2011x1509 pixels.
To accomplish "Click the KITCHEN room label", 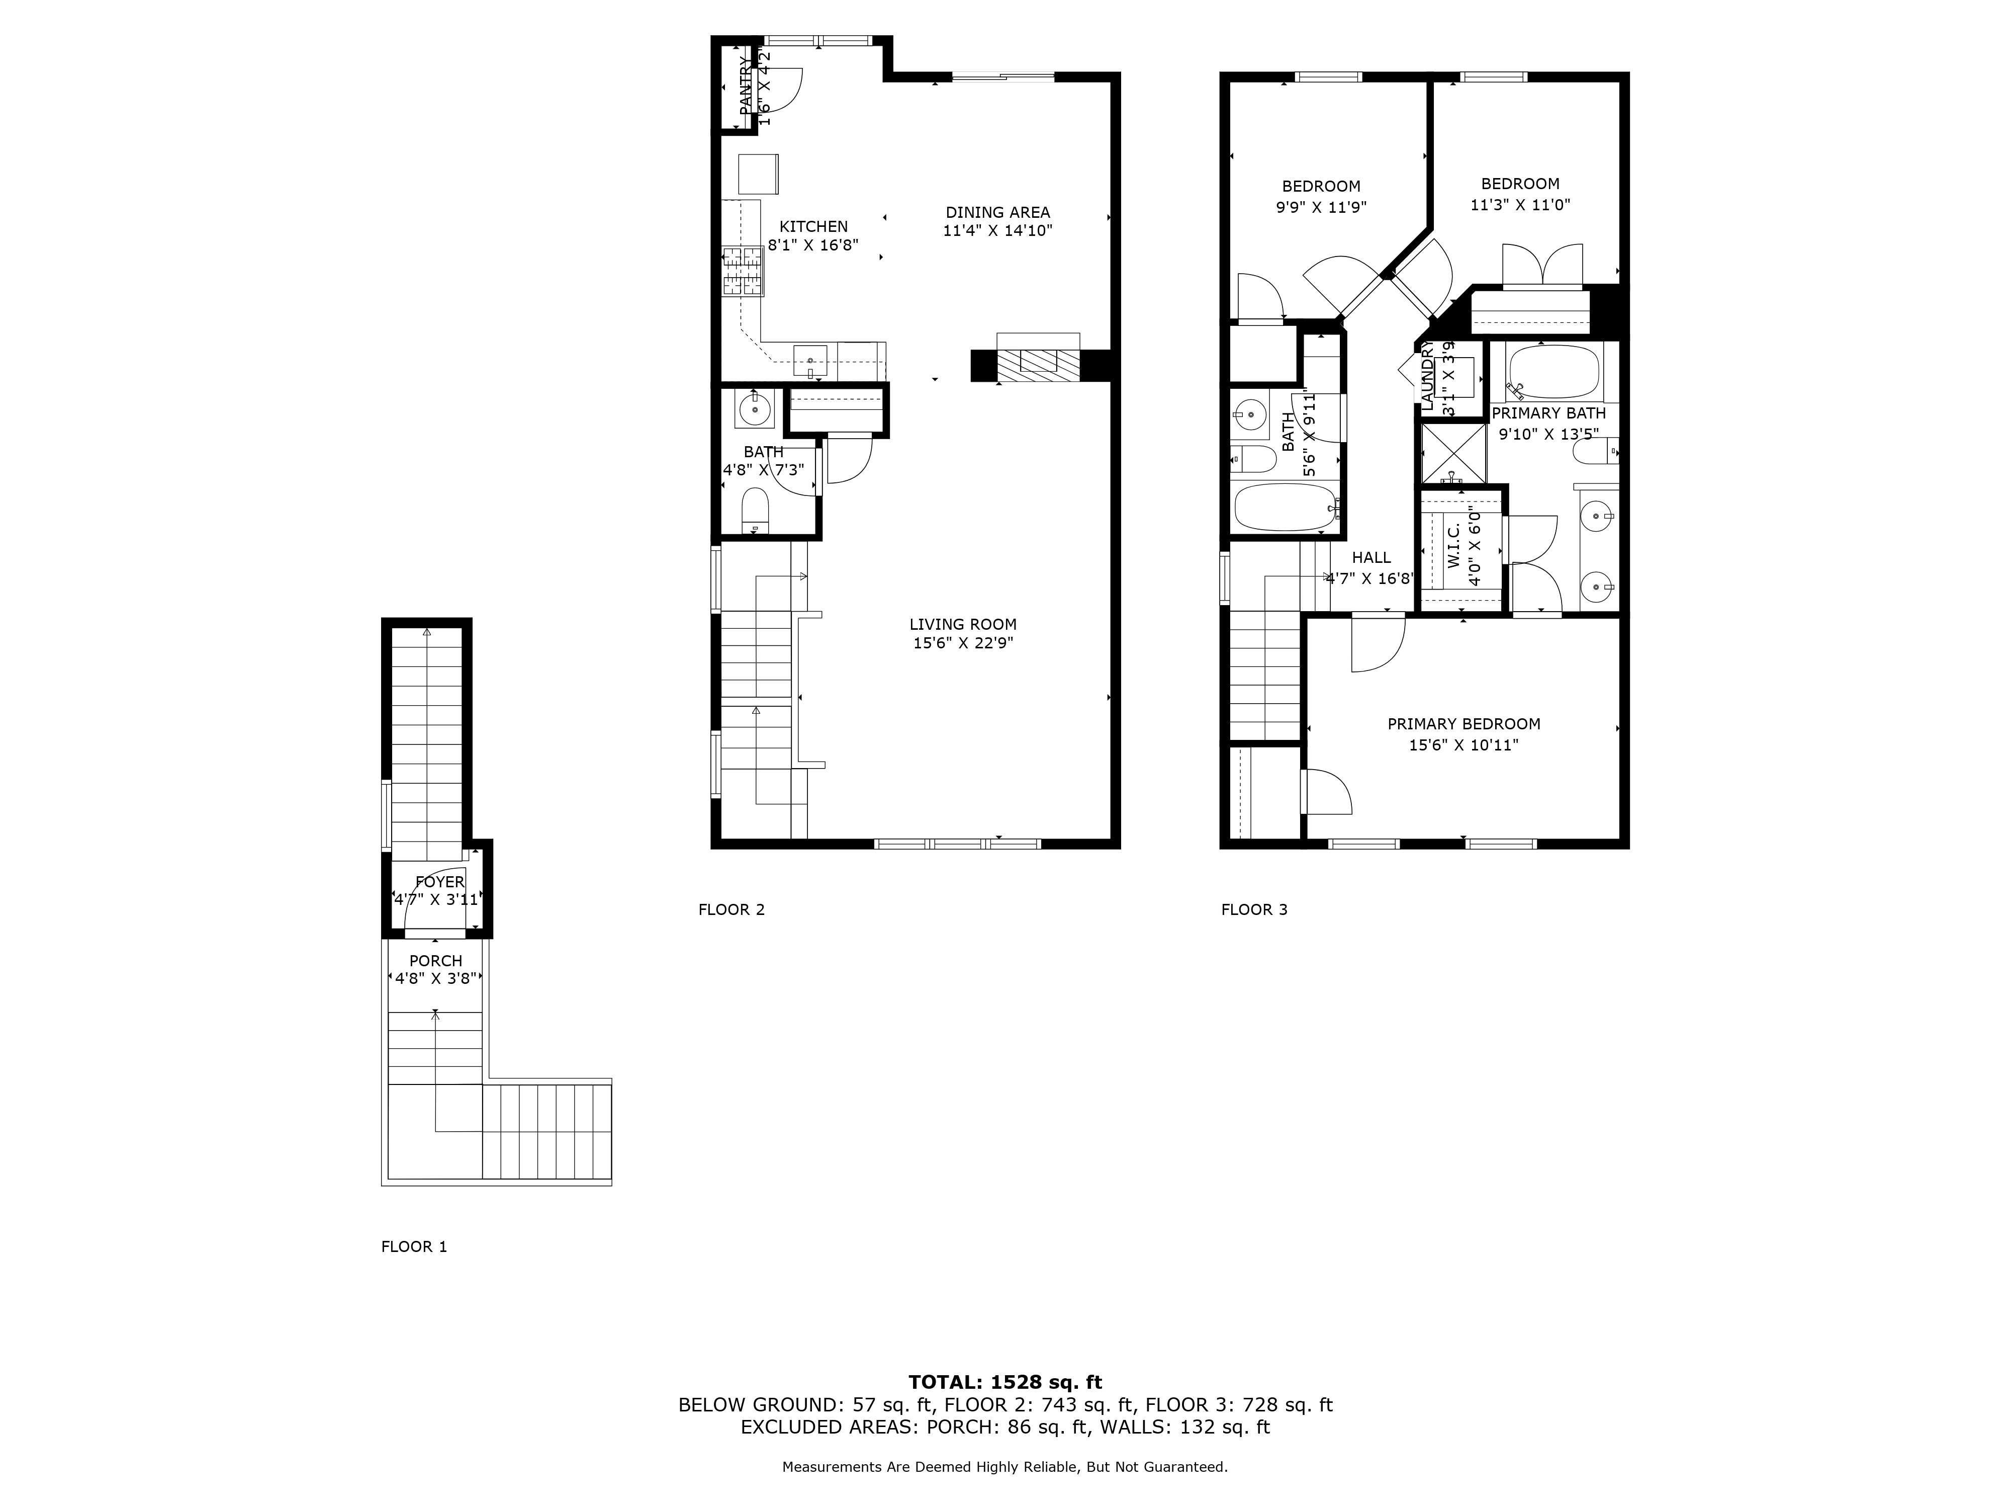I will coord(813,226).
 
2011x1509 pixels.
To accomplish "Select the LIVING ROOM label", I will coord(963,624).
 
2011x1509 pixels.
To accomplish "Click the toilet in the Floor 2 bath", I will coord(756,510).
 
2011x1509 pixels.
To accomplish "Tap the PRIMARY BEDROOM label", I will coord(1464,724).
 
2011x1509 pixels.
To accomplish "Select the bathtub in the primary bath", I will coord(1553,373).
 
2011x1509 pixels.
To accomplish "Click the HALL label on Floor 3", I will coord(1371,557).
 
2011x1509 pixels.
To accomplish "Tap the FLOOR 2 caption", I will coord(731,909).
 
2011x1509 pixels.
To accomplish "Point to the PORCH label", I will coord(435,961).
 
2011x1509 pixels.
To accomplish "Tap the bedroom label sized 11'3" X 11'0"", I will coord(1520,184).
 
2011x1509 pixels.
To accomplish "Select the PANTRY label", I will coord(746,87).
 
